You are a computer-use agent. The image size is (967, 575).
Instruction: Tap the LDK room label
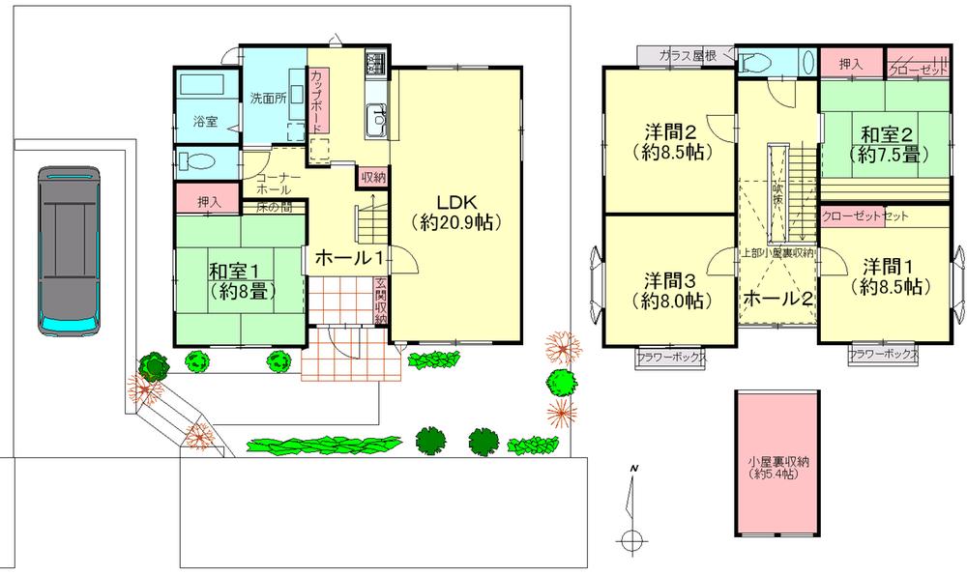453,213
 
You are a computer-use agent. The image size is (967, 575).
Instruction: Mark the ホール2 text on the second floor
777,299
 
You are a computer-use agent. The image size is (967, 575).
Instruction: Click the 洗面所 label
267,98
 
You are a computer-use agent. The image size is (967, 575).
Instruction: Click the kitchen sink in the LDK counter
377,121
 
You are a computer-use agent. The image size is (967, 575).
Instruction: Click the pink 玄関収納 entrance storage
381,301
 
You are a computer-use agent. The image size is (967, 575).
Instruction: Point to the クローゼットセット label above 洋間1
864,216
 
